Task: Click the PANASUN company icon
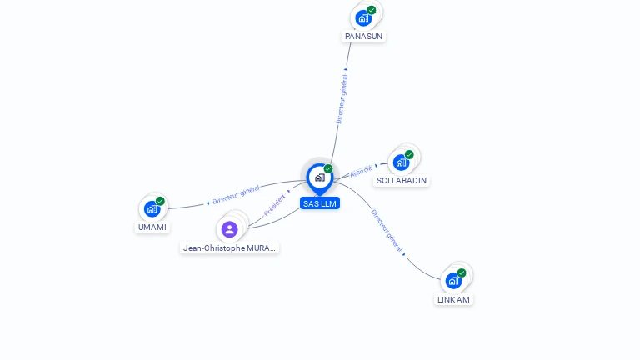point(363,17)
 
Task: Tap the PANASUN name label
point(364,37)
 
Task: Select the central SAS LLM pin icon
point(319,177)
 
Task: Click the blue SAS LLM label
point(320,203)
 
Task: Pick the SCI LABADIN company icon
point(402,162)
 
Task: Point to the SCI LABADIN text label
point(402,181)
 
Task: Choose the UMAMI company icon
point(152,208)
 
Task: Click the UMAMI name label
point(152,227)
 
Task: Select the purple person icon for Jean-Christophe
point(230,229)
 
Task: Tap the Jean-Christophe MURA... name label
point(229,247)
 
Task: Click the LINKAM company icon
point(453,280)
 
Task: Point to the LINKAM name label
point(453,300)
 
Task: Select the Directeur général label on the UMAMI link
point(236,195)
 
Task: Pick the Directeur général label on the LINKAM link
point(387,231)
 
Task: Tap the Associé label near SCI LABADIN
point(361,171)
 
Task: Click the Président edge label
point(275,205)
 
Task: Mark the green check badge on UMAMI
point(160,201)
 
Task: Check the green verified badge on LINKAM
point(462,272)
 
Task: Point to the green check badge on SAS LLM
point(328,169)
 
